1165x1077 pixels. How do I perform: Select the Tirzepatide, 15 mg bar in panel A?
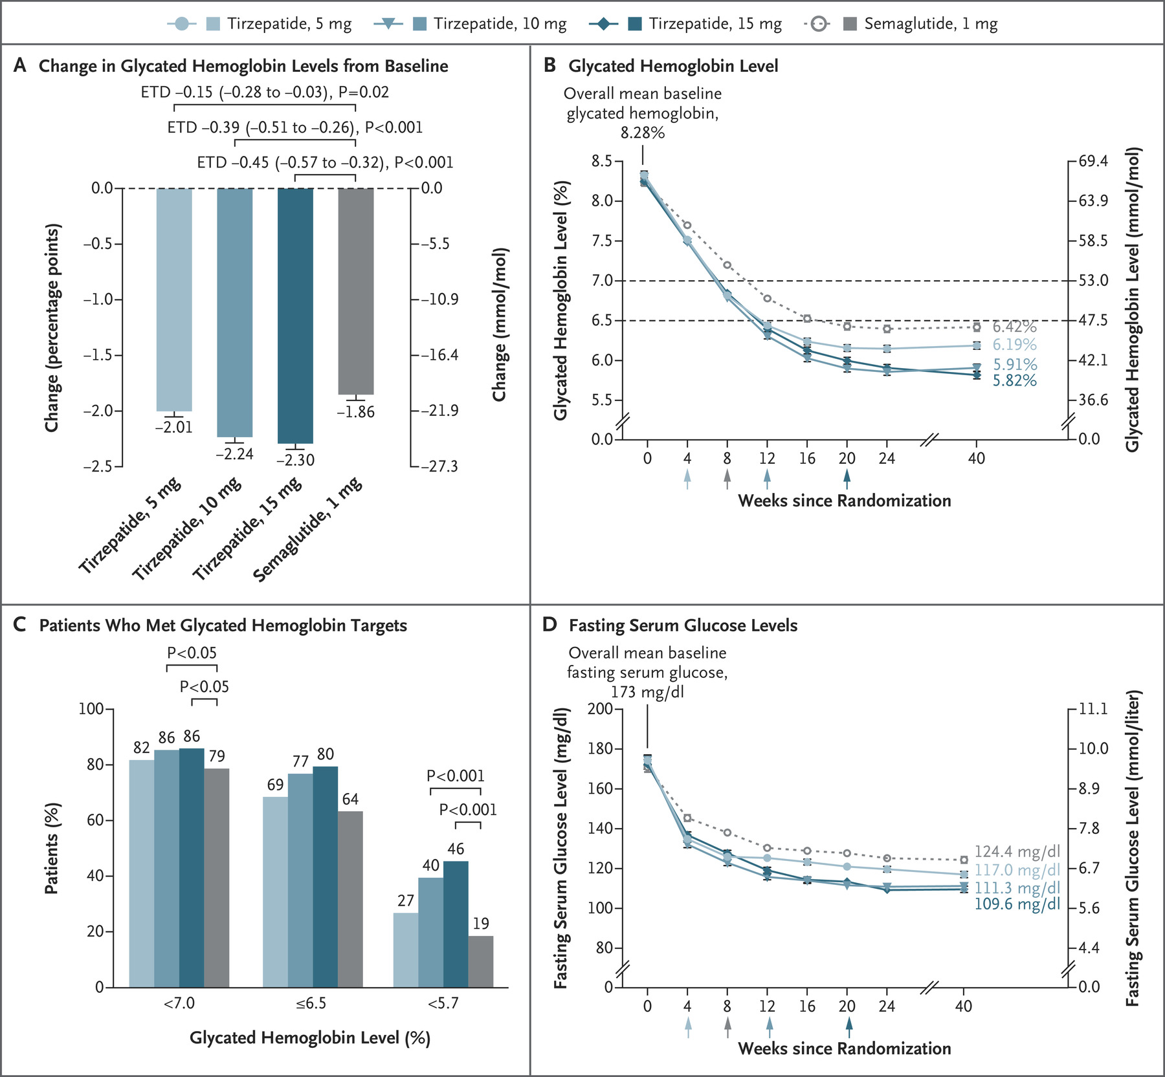point(295,316)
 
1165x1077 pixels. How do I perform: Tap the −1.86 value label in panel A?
point(355,412)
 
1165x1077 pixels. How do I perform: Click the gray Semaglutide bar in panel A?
point(356,291)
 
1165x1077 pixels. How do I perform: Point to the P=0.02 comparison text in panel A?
point(364,92)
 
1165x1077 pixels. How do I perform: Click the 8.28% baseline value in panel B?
point(643,133)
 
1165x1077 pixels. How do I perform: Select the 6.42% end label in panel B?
point(1015,327)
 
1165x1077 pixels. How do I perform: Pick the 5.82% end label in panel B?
point(1015,381)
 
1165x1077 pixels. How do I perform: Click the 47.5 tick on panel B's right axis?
point(1094,321)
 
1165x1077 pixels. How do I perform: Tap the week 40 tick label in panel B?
point(977,459)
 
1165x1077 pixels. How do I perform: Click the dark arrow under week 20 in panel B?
point(847,479)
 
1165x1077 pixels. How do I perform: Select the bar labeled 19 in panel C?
point(480,961)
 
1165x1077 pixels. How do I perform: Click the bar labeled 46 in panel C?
point(456,924)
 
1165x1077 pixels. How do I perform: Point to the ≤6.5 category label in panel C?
point(311,1004)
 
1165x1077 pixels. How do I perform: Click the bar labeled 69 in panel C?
point(275,892)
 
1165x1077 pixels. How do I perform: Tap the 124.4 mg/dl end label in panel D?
point(1017,852)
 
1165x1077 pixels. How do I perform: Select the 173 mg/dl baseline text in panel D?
point(647,692)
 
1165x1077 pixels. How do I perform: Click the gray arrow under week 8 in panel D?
point(727,1027)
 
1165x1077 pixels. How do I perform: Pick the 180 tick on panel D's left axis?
point(599,749)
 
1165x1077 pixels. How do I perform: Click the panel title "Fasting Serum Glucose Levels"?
point(683,626)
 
